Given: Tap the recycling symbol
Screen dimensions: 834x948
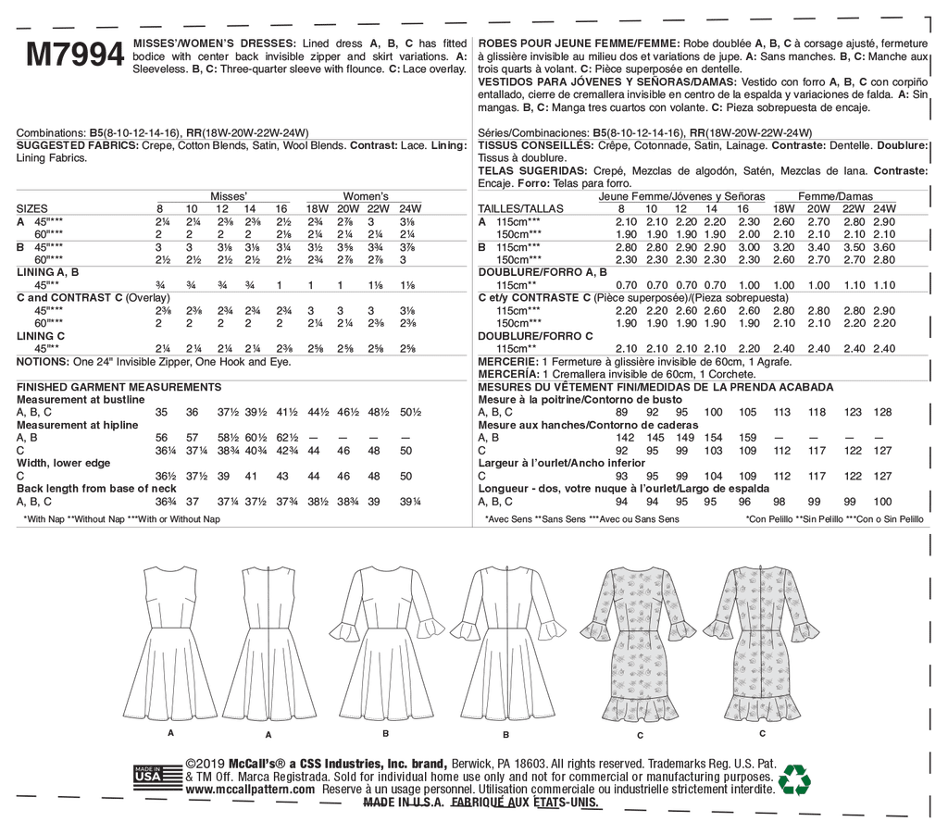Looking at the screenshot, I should [x=793, y=778].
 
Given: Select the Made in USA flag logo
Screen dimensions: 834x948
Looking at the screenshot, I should [x=148, y=776].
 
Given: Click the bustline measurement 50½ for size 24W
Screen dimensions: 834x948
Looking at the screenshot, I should [x=406, y=412].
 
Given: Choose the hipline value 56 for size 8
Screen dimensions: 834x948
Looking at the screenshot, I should [x=162, y=437].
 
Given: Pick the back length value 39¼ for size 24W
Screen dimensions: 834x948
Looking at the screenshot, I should [x=406, y=501].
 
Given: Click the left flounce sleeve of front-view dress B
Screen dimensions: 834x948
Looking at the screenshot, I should [x=345, y=629].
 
